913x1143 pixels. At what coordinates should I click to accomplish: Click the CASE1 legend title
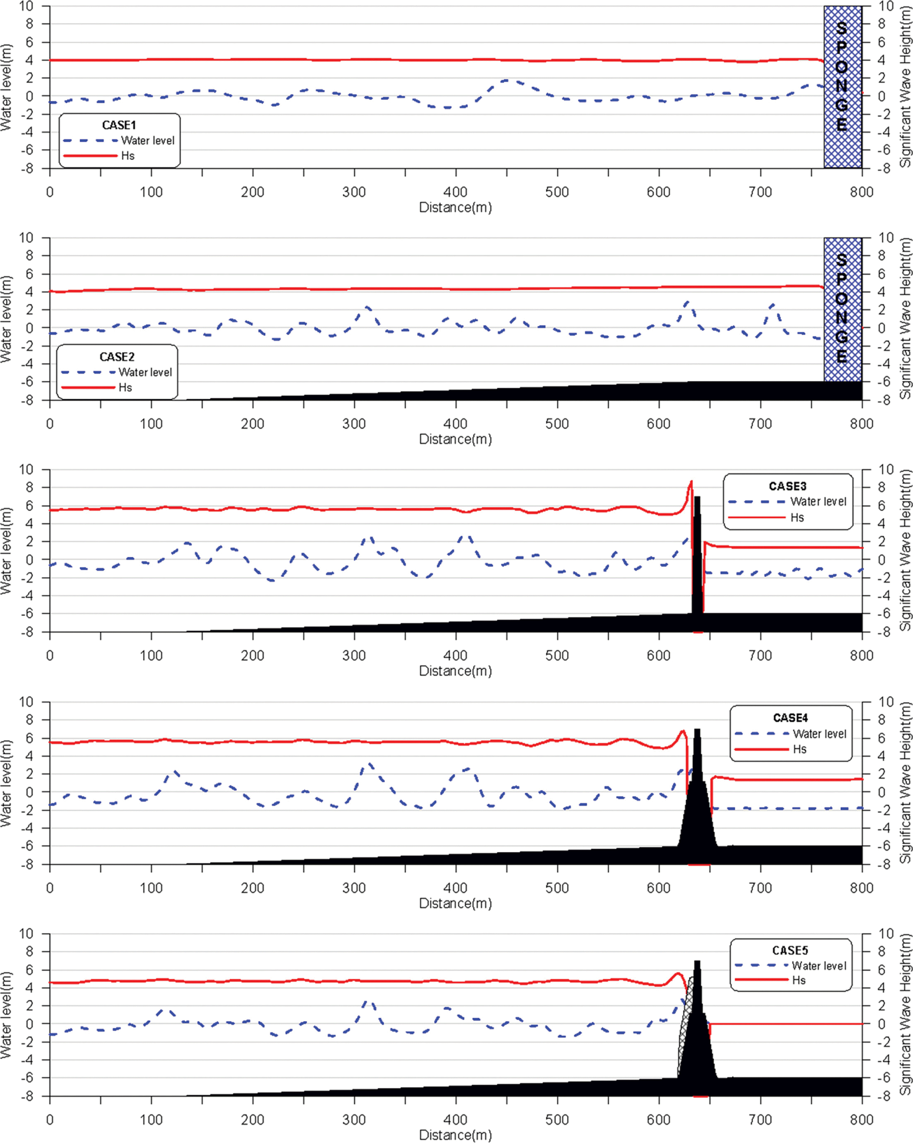click(119, 125)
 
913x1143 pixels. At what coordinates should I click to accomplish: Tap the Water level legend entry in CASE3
click(818, 501)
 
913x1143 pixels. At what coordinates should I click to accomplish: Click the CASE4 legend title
click(790, 718)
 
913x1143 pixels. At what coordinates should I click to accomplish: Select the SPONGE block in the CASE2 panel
click(842, 310)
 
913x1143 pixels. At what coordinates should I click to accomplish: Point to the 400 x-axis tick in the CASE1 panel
click(456, 192)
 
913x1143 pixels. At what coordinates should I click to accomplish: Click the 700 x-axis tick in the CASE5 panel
click(760, 1120)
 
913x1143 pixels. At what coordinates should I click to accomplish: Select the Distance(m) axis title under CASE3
click(456, 671)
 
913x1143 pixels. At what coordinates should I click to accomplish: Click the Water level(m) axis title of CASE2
click(6, 320)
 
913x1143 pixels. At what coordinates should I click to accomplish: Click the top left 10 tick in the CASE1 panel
click(26, 6)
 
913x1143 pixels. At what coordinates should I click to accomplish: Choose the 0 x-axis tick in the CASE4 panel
click(50, 888)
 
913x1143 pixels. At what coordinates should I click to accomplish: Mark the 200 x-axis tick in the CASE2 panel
click(253, 423)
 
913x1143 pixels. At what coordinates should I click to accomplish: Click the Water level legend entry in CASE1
click(148, 141)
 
